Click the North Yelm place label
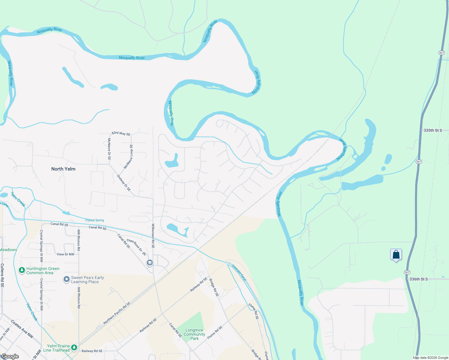[x=63, y=169]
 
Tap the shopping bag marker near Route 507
[x=396, y=255]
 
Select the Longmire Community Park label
[x=194, y=334]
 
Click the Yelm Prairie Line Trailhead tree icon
[x=74, y=348]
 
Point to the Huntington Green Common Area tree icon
[x=22, y=270]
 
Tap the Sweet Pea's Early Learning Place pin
[x=66, y=280]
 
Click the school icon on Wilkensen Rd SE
[x=149, y=263]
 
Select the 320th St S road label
[x=432, y=130]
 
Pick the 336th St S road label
[x=418, y=279]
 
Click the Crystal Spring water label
[x=95, y=220]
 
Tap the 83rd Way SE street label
[x=121, y=133]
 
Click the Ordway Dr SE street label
[x=124, y=183]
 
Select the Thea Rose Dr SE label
[x=136, y=247]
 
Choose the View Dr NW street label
[x=65, y=254]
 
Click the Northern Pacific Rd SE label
[x=117, y=313]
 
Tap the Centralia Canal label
[x=239, y=272]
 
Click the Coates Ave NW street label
[x=22, y=329]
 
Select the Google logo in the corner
[x=10, y=356]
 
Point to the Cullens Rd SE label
[x=2, y=275]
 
